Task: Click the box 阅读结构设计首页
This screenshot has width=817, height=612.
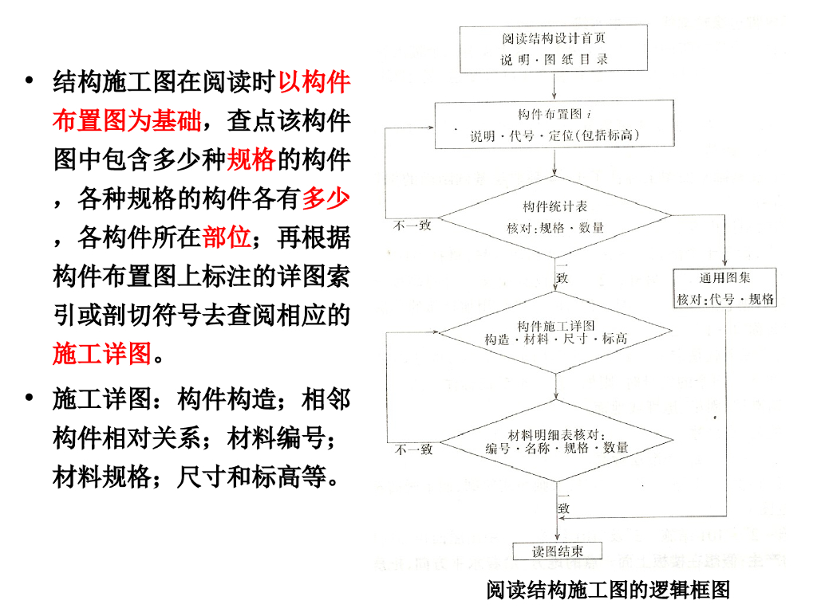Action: (x=555, y=49)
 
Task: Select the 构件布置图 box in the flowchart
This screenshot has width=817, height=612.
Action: (x=555, y=125)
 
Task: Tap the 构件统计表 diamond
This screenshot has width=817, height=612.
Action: (x=555, y=217)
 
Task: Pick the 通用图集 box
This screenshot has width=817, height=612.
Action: (x=726, y=288)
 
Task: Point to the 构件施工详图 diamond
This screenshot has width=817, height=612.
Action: (x=555, y=333)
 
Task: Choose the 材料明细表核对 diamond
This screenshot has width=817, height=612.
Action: (x=555, y=441)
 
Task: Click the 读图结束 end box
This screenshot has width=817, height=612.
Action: (x=556, y=551)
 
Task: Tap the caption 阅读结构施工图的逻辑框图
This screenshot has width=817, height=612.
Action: (x=609, y=590)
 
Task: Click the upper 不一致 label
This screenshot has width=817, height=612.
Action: (x=413, y=226)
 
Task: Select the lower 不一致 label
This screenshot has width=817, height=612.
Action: (x=413, y=449)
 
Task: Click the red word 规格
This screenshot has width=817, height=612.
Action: (x=251, y=160)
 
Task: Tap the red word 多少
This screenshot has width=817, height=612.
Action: (x=326, y=198)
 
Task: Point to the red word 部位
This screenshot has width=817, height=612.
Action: (x=227, y=237)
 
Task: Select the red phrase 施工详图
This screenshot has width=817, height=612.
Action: (x=102, y=353)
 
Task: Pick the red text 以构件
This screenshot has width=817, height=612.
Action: (x=314, y=82)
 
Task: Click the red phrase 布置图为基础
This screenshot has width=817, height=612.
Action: (x=127, y=121)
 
